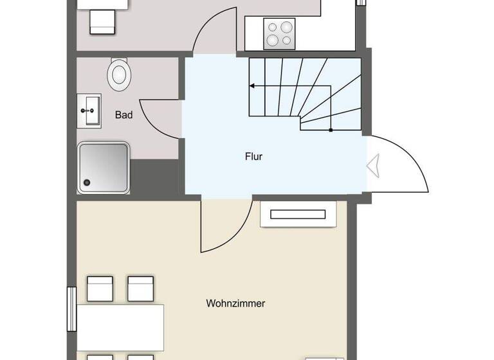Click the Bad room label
coord(124,115)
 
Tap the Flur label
coord(254,156)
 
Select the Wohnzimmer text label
coord(235,303)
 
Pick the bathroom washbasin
coord(89,111)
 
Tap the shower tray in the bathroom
coord(104,166)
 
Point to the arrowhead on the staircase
coord(252,85)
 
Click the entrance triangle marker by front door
coord(372,166)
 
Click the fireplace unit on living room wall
coord(298,214)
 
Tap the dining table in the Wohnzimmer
coord(120,327)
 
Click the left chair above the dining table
coord(100,289)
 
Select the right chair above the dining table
coord(140,289)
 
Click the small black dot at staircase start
coord(331,130)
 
